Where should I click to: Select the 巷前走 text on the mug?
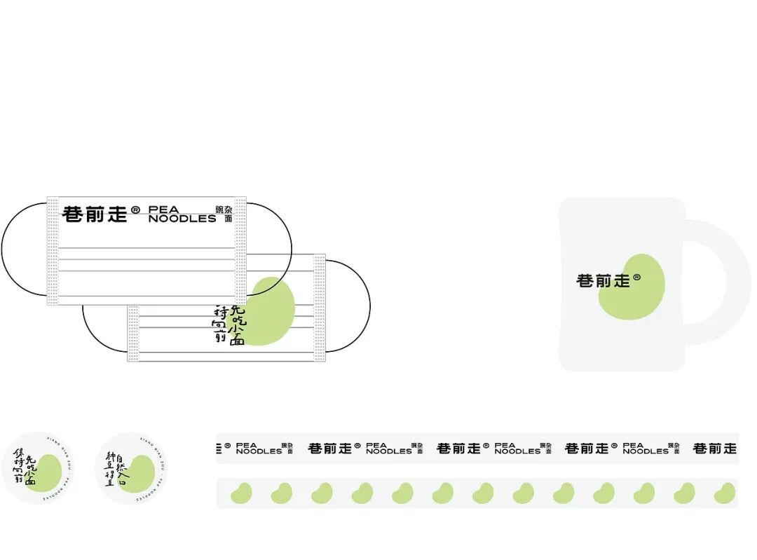click(603, 281)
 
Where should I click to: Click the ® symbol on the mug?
click(636, 278)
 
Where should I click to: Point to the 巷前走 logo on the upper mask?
click(95, 214)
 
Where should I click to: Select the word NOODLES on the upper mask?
click(182, 219)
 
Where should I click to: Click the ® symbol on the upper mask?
click(135, 210)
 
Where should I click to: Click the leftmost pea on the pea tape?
click(241, 493)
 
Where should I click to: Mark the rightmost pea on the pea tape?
click(725, 493)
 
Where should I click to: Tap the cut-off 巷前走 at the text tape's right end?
click(715, 448)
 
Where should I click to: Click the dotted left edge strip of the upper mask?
click(53, 251)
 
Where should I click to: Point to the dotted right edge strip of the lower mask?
click(320, 308)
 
